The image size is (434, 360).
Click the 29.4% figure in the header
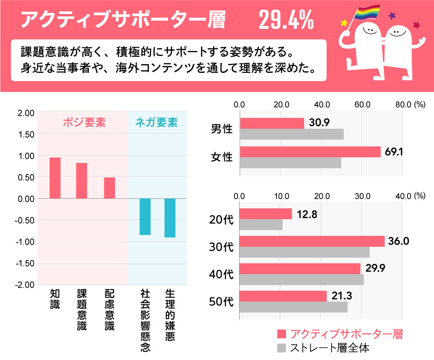(286, 20)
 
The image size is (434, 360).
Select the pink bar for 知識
(55, 178)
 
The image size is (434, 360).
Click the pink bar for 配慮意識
(109, 188)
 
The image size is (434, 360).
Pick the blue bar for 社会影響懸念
(145, 216)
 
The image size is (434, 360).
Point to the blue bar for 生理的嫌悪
(170, 218)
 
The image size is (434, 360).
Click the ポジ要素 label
(84, 123)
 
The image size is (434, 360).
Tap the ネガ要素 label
(157, 123)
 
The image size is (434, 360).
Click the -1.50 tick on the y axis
(26, 264)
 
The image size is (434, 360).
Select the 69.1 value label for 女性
(392, 152)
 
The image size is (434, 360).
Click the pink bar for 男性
(272, 123)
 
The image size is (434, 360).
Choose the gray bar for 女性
(290, 163)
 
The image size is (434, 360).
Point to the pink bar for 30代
(312, 241)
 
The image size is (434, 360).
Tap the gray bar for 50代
(293, 307)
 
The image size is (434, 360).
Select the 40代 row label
(221, 275)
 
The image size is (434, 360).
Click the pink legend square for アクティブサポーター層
(282, 334)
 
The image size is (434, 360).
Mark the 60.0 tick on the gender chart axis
(362, 105)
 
